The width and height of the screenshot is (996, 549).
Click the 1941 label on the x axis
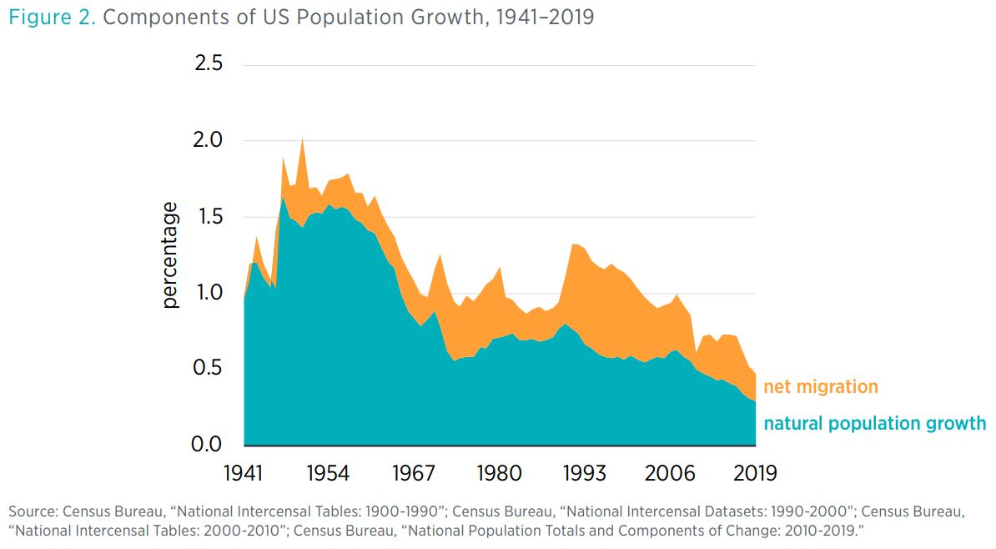244,473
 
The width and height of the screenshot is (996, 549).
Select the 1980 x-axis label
499,473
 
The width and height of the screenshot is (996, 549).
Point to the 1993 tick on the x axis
585,473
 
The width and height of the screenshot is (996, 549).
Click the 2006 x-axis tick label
670,473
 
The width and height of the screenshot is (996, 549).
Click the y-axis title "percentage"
171,254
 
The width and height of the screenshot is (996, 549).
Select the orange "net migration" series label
821,387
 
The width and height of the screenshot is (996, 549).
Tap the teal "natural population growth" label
874,424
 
